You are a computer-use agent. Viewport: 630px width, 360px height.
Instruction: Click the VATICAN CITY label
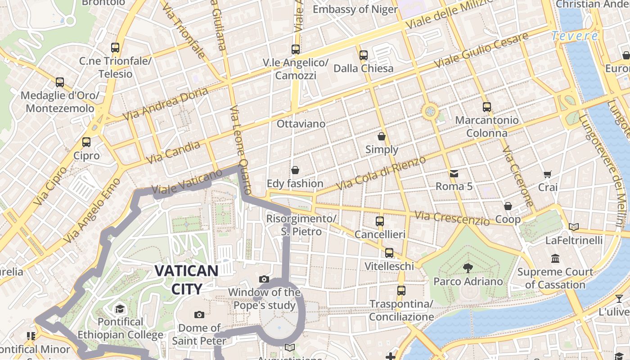click(x=186, y=279)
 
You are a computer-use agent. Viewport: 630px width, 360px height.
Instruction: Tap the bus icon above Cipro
click(x=86, y=142)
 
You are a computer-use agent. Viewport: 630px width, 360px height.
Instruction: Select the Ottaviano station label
click(x=301, y=123)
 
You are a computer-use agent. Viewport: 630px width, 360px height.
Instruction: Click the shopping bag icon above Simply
click(x=382, y=136)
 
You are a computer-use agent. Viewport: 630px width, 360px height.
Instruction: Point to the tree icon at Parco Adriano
click(x=468, y=268)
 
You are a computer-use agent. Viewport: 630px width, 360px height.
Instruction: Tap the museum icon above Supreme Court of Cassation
click(x=555, y=259)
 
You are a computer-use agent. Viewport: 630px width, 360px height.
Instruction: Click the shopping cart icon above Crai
click(x=548, y=174)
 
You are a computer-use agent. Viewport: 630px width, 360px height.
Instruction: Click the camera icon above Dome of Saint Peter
click(x=199, y=315)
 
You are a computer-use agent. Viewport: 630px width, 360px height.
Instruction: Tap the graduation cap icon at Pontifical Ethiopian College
click(x=120, y=309)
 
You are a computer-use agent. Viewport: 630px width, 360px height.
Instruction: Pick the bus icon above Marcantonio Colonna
click(x=486, y=107)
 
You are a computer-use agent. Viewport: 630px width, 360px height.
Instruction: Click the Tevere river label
click(x=575, y=36)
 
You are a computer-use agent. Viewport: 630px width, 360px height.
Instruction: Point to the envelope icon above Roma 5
click(x=454, y=173)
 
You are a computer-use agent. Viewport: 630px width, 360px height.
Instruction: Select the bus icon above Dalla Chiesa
click(x=364, y=55)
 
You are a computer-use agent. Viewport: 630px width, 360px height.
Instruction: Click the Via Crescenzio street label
click(x=452, y=218)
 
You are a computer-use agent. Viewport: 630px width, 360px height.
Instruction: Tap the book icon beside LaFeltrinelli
click(x=573, y=227)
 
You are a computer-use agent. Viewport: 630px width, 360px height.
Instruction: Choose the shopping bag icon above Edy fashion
click(x=295, y=170)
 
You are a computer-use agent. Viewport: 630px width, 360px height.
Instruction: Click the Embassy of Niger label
click(x=355, y=9)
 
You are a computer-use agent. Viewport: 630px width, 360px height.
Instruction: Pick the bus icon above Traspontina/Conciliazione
click(x=401, y=291)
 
